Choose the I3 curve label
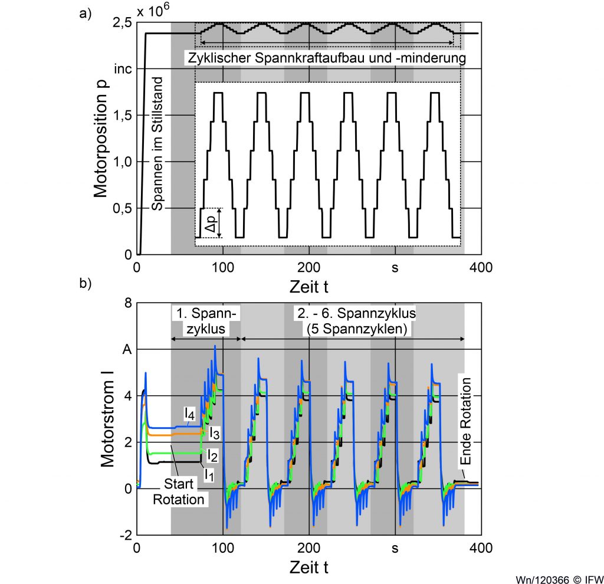(215, 434)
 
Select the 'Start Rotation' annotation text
(178, 492)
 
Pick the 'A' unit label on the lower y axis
(126, 349)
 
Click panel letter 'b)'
(86, 283)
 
